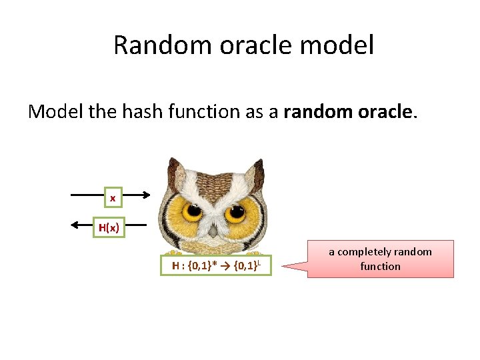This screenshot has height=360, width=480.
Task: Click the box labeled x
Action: (x=113, y=198)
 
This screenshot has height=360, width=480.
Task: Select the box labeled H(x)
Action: (x=109, y=227)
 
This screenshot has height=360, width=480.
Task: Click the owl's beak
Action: (x=213, y=230)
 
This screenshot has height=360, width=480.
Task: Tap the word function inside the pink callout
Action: (x=380, y=266)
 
